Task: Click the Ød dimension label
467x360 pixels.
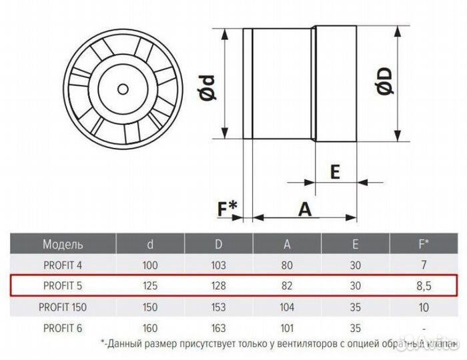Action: click(209, 85)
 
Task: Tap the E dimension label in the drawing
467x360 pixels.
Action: click(335, 172)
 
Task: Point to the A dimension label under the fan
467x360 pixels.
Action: click(305, 209)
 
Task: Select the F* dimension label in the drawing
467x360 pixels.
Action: click(227, 209)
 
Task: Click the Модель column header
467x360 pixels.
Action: click(63, 244)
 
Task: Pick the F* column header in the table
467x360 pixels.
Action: click(422, 244)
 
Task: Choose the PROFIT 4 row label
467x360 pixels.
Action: click(63, 265)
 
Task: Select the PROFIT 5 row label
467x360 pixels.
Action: click(63, 287)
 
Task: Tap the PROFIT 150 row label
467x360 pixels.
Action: click(63, 308)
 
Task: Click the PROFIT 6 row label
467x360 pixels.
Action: click(63, 329)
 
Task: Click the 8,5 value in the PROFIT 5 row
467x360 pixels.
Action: click(422, 287)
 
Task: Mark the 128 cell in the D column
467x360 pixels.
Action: click(218, 287)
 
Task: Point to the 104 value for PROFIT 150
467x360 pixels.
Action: click(287, 308)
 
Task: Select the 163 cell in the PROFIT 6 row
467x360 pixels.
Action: click(218, 329)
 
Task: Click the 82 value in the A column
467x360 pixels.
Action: click(287, 287)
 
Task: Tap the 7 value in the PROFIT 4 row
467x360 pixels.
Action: click(422, 265)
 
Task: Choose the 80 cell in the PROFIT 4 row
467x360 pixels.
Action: click(287, 265)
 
